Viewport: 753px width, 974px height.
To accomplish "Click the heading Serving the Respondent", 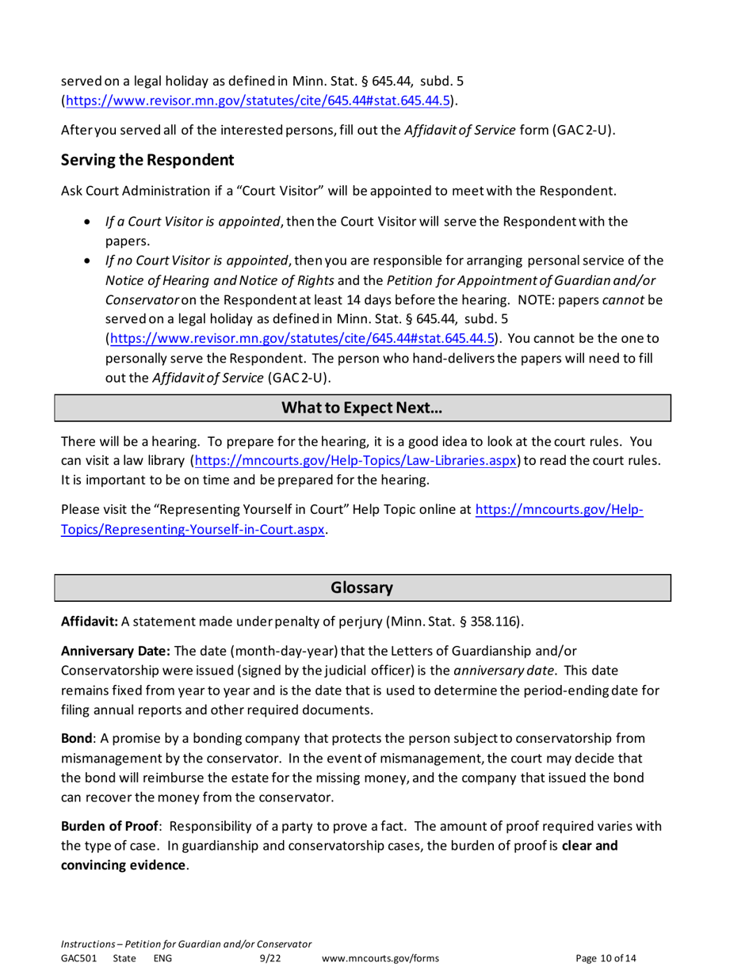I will [147, 161].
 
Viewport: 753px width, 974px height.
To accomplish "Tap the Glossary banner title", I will [362, 588].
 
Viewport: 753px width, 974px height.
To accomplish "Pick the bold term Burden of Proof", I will [112, 826].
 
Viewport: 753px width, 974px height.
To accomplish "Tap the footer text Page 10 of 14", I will [606, 959].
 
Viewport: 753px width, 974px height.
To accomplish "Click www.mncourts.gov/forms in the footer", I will [381, 959].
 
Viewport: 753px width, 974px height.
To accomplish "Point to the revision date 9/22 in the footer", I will [270, 959].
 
